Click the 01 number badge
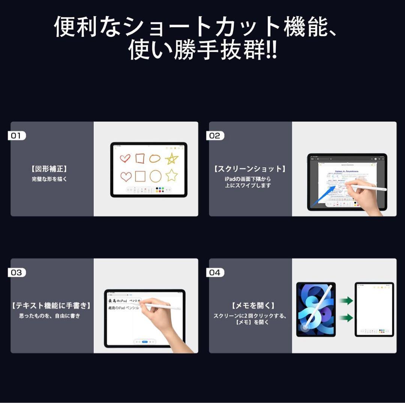(x=16, y=136)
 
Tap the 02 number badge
(x=215, y=136)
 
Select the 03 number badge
(x=16, y=273)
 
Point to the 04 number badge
(x=215, y=273)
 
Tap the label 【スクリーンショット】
(x=250, y=169)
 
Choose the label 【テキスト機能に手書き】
(x=51, y=306)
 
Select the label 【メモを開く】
(x=250, y=306)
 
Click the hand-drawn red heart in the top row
(x=125, y=158)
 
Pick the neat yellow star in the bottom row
(x=171, y=175)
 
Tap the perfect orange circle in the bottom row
(x=155, y=176)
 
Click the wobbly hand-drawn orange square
(x=140, y=158)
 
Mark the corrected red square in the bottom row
(x=140, y=176)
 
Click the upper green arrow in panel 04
(x=345, y=300)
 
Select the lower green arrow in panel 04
(x=345, y=318)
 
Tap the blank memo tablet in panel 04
(x=374, y=309)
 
